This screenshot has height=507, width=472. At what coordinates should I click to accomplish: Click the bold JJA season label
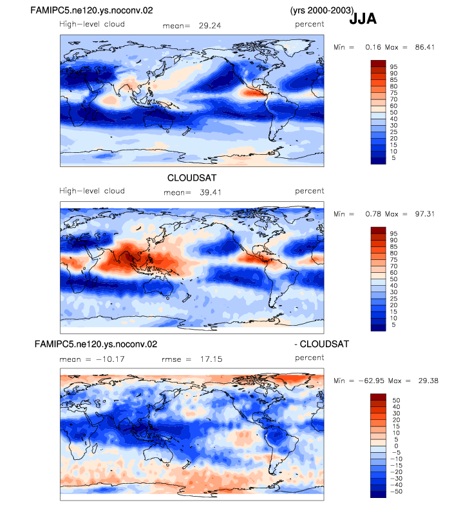pyautogui.click(x=363, y=19)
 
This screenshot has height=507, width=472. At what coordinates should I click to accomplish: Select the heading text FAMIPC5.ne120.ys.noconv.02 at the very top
pyautogui.click(x=91, y=10)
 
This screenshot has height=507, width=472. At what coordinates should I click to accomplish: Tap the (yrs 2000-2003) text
pyautogui.click(x=322, y=10)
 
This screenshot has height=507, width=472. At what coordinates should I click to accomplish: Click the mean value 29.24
pyautogui.click(x=210, y=26)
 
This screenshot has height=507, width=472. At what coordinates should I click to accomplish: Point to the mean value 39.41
pyautogui.click(x=211, y=193)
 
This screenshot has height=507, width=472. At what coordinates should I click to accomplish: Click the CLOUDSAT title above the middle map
pyautogui.click(x=192, y=178)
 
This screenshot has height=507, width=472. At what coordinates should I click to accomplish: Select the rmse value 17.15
pyautogui.click(x=211, y=359)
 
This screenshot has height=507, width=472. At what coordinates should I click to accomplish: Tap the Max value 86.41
pyautogui.click(x=425, y=47)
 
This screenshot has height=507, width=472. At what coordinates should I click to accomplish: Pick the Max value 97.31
pyautogui.click(x=425, y=214)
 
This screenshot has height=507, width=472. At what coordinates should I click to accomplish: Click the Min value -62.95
pyautogui.click(x=372, y=381)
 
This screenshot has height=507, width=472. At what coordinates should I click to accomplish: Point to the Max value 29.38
pyautogui.click(x=428, y=381)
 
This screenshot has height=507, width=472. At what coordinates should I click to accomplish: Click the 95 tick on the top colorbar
pyautogui.click(x=393, y=67)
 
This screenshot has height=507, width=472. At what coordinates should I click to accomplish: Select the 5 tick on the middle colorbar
pyautogui.click(x=393, y=325)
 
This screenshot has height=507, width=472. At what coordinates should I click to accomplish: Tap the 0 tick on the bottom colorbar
pyautogui.click(x=396, y=446)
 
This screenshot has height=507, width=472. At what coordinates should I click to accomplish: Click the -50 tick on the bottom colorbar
pyautogui.click(x=397, y=492)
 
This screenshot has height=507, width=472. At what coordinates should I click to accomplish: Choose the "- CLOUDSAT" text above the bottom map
pyautogui.click(x=321, y=344)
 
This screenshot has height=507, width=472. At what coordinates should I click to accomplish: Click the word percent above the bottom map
pyautogui.click(x=309, y=357)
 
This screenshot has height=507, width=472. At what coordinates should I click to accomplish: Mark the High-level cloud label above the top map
pyautogui.click(x=92, y=25)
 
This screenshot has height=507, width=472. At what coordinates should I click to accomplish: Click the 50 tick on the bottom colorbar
pyautogui.click(x=396, y=401)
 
